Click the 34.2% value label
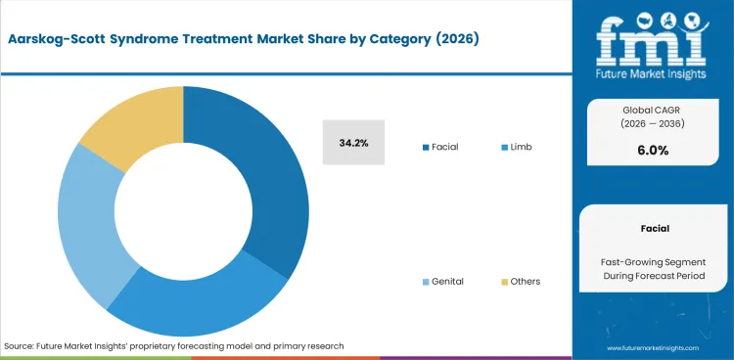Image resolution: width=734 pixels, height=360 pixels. point(353,143)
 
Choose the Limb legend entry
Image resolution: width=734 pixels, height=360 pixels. point(518,147)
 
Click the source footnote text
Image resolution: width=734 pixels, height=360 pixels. point(174,346)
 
